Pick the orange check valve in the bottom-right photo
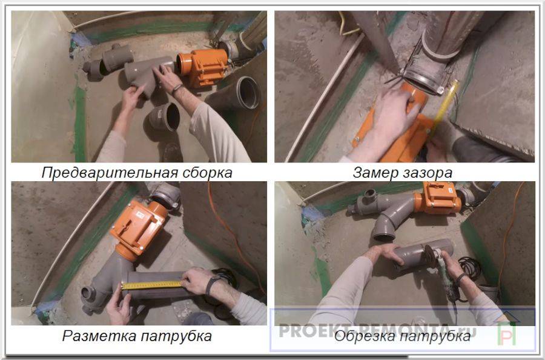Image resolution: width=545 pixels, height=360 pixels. [x=438, y=198]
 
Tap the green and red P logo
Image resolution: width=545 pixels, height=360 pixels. [x=507, y=333]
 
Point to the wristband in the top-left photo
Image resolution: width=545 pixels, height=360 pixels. [x=177, y=89]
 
